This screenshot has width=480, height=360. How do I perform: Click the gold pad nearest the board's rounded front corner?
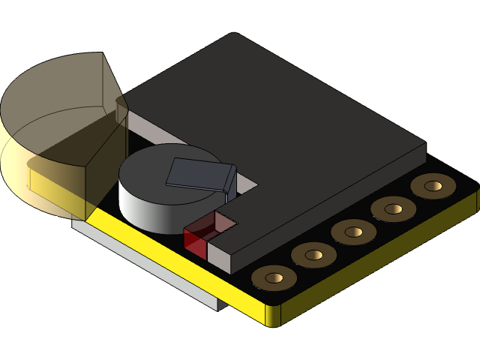[x=274, y=278]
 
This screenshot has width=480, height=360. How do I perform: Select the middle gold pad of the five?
[x=353, y=231]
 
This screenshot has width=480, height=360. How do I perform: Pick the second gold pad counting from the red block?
[x=313, y=255]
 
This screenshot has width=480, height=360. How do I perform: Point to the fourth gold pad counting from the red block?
[x=393, y=208]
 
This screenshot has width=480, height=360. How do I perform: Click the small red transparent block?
[x=195, y=240]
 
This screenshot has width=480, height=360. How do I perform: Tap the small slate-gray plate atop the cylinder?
[x=195, y=173]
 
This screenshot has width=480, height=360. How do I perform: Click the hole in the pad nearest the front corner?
[x=274, y=278]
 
